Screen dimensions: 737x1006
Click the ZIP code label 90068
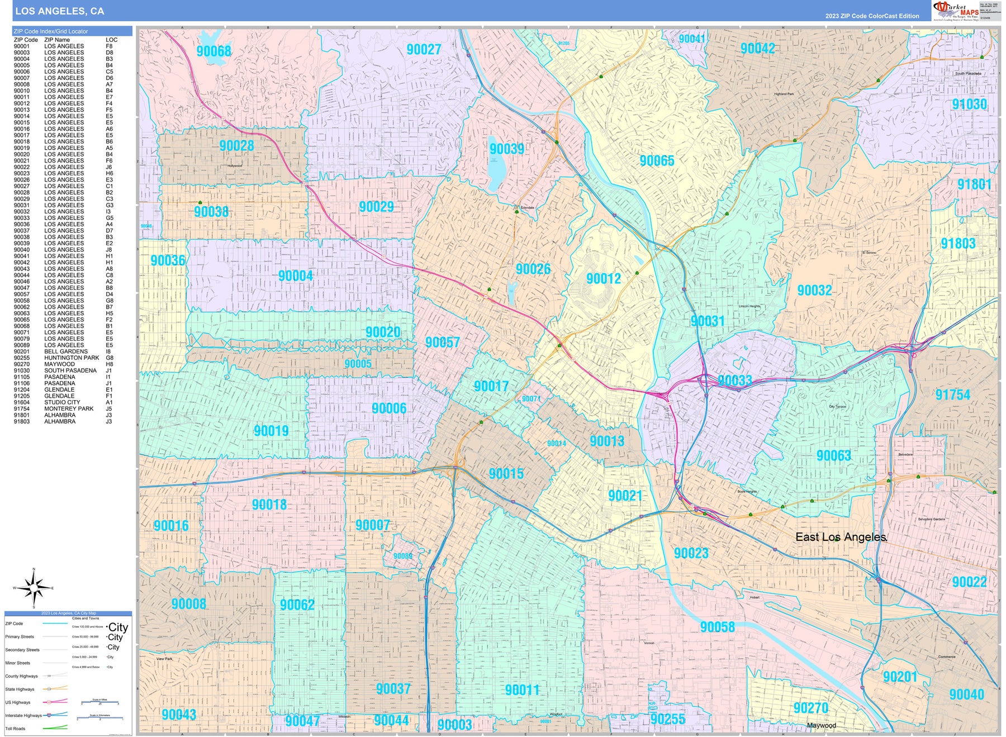213,51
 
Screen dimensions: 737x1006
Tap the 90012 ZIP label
603,278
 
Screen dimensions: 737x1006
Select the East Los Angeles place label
841,537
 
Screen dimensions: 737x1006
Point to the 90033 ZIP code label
734,381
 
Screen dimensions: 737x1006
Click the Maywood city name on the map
821,725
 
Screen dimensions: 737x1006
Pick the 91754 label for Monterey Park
952,395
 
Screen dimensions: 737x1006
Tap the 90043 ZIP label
179,715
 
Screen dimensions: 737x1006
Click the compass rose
34,588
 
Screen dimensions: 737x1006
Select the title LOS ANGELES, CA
59,11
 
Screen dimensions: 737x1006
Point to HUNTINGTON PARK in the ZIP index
72,358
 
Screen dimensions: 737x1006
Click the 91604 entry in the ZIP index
22,402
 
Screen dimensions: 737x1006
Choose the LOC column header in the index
111,40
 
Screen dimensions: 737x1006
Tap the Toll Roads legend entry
16,729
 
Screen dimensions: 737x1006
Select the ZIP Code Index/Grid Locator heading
51,31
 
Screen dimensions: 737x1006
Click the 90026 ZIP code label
533,269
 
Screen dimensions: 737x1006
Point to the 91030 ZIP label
969,104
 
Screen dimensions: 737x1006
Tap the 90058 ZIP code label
717,627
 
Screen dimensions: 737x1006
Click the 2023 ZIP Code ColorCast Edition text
872,16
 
